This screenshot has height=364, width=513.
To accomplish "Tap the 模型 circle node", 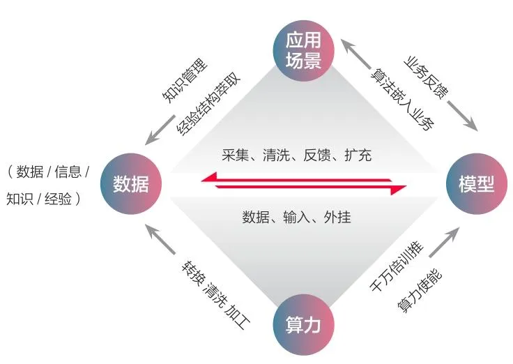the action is point(476,184).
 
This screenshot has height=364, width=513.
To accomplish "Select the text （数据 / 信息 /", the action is point(49,172).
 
